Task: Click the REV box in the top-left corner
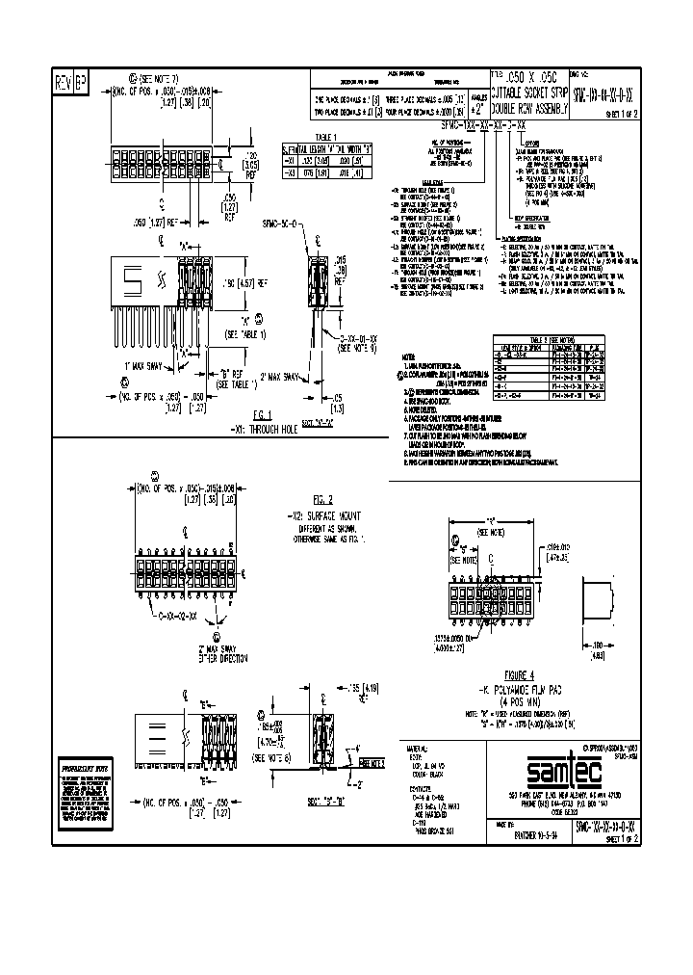tap(63, 80)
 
